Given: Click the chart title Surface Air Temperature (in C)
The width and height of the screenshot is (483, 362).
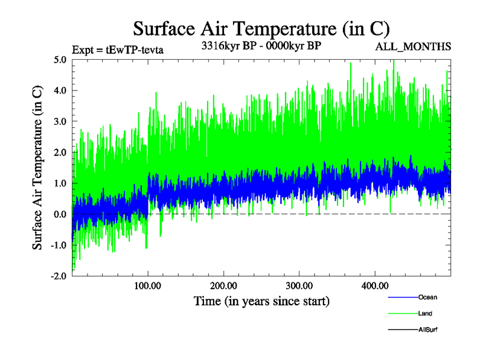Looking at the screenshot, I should tap(261, 29).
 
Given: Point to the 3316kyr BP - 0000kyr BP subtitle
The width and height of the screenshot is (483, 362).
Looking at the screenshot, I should tap(261, 46).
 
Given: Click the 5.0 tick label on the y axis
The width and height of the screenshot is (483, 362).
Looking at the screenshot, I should tap(60, 60).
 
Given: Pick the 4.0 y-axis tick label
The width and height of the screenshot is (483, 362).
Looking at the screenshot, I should tap(60, 91).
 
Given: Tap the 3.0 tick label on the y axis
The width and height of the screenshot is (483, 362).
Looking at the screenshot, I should tap(60, 121).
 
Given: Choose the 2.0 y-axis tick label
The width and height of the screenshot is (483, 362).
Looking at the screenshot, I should tap(60, 152).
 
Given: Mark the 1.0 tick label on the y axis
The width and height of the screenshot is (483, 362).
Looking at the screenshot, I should tap(60, 183).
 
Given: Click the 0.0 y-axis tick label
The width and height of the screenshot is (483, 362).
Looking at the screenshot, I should tap(60, 214).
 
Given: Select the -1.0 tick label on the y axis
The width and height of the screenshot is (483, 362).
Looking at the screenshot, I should tap(59, 245).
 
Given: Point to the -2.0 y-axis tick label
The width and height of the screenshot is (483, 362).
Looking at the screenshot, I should tap(59, 276).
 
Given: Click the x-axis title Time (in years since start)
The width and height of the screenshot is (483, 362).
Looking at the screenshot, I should tap(261, 300).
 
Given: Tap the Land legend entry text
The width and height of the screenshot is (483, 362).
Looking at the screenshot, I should tap(425, 314).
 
